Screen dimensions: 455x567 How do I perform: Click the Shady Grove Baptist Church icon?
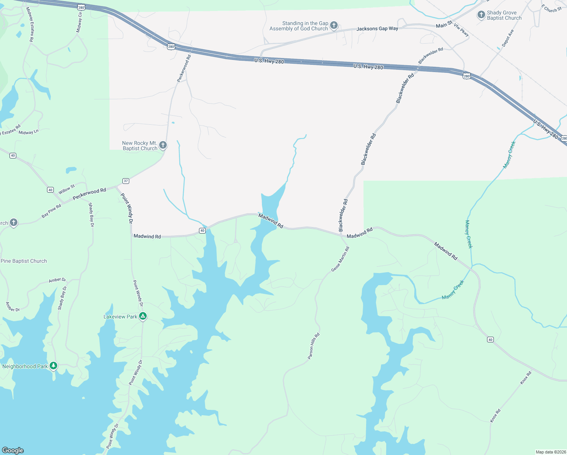pyautogui.click(x=481, y=15)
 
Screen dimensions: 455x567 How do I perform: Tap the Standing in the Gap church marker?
pyautogui.click(x=334, y=25)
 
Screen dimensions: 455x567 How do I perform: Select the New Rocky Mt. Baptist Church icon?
pyautogui.click(x=163, y=145)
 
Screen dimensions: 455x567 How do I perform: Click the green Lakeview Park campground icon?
pyautogui.click(x=143, y=316)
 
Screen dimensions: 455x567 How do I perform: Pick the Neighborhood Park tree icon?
pyautogui.click(x=53, y=366)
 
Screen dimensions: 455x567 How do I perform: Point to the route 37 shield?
pyautogui.click(x=126, y=181)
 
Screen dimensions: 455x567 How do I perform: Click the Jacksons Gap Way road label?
pyautogui.click(x=377, y=28)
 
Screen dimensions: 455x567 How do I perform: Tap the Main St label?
pyautogui.click(x=444, y=25)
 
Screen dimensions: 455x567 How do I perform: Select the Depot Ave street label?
pyautogui.click(x=507, y=38)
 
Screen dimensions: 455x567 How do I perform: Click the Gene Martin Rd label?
pyautogui.click(x=340, y=259)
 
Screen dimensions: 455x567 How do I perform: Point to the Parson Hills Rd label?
pyautogui.click(x=313, y=346)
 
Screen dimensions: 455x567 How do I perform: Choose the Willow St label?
pyautogui.click(x=67, y=189)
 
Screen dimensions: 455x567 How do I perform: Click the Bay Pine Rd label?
pyautogui.click(x=51, y=211)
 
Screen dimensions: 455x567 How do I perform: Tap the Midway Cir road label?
pyautogui.click(x=79, y=22)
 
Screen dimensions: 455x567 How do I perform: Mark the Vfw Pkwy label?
pyautogui.click(x=461, y=30)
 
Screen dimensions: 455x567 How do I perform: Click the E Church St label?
pyautogui.click(x=551, y=8)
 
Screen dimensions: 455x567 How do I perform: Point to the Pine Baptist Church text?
pyautogui.click(x=24, y=261)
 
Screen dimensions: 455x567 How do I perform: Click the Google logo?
pyautogui.click(x=13, y=450)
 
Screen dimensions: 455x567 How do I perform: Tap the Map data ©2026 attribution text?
pyautogui.click(x=550, y=452)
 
